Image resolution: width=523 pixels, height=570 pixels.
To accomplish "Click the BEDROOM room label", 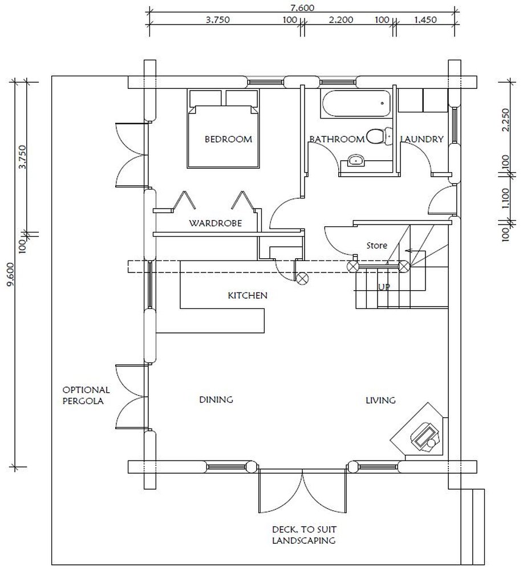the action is coord(228,139).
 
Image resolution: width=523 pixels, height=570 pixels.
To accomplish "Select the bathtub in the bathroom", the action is coord(356,104).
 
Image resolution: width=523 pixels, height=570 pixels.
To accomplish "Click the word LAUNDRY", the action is coord(422,139).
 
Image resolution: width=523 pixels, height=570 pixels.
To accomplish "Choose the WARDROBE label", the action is coord(216,223).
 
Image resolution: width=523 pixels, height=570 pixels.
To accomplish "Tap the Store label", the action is coord(376,246).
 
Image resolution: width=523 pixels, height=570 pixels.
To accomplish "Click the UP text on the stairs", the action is coord(384,287).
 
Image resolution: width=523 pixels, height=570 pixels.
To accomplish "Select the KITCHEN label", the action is coord(248,295).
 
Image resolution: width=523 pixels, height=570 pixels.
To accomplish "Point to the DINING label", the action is coord(216,400).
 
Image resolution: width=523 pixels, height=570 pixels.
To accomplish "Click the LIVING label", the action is coord(380,400).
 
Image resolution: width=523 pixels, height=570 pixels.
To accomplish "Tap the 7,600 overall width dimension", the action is coord(303,7).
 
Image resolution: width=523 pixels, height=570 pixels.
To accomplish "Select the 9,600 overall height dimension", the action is coord(11,275).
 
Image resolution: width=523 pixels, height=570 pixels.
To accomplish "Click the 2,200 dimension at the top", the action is coord(341,19).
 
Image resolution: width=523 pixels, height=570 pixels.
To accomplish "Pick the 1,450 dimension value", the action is coord(425,19).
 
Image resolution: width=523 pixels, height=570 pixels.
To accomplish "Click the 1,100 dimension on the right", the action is coord(505,198).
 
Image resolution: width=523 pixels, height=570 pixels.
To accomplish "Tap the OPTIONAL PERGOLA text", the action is coord(86,396).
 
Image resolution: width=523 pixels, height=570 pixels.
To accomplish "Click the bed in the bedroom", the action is coord(224,129).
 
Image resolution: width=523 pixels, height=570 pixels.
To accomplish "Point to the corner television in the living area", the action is coord(425,436).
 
